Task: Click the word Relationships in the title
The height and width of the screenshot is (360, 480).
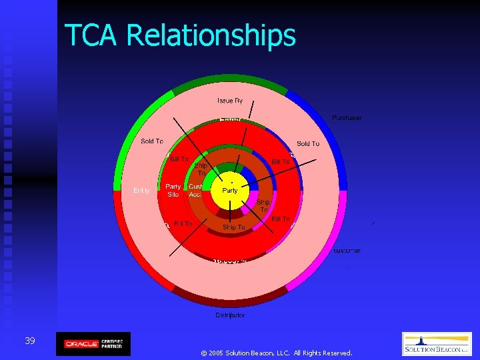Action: point(211,35)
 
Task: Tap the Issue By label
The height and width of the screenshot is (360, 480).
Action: point(230,101)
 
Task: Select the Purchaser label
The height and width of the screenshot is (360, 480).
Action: point(347,118)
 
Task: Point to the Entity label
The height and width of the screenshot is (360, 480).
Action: point(141,191)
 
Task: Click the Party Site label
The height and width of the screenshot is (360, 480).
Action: point(173,191)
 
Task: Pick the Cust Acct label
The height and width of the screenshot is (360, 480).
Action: point(196,191)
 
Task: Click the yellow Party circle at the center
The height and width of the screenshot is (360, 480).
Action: point(229,192)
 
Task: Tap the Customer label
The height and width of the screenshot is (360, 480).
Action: point(346,251)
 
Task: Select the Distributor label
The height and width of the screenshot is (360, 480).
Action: point(230,315)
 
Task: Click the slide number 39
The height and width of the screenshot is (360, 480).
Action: point(30,341)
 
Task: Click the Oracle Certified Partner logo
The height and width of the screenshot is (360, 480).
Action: point(93,343)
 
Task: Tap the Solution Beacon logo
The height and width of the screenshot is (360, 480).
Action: point(437,344)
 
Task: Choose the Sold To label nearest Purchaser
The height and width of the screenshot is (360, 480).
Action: point(307,143)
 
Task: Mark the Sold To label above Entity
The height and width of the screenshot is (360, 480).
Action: point(152,141)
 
